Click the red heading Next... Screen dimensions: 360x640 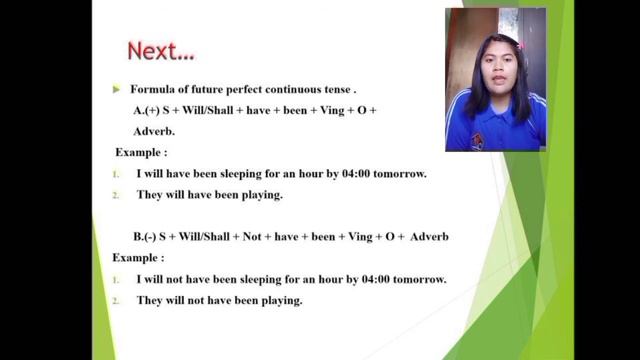161,50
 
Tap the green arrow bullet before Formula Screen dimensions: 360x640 117,89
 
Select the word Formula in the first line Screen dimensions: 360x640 155,90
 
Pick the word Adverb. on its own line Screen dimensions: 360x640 154,131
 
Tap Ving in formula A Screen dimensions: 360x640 325,110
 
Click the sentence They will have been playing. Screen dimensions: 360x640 209,195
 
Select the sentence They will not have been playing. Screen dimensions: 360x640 219,300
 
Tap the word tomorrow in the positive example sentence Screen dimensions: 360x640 400,174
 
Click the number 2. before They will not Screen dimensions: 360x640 117,300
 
